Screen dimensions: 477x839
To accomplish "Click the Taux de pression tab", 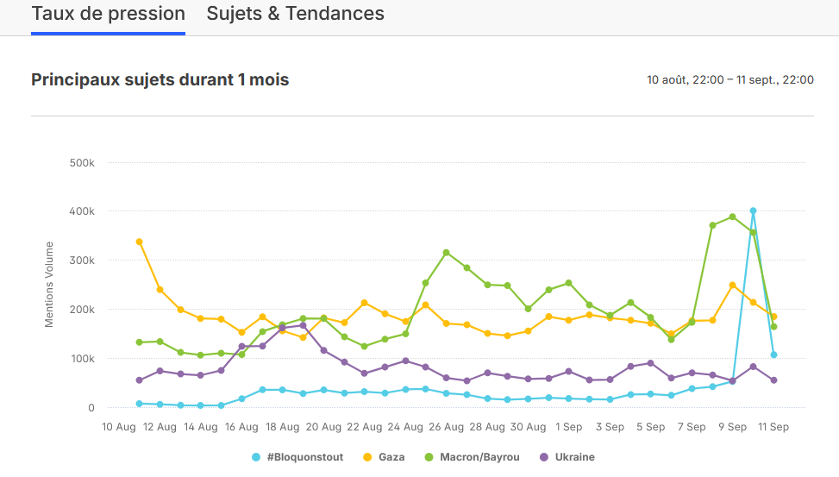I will [109, 15].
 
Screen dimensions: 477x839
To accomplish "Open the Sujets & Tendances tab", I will [296, 15].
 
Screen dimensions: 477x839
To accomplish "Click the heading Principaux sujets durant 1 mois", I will [160, 80].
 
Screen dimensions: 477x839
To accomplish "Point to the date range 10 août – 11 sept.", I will [730, 80].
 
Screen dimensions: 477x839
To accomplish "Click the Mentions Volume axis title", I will [49, 285].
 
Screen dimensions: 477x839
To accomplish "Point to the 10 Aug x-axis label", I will [119, 427].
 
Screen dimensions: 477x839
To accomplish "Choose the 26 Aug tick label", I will [447, 427].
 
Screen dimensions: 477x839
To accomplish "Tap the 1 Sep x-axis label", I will [569, 427].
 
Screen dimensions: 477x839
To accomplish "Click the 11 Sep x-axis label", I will [773, 427].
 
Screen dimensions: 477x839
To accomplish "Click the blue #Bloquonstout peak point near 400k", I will [753, 210].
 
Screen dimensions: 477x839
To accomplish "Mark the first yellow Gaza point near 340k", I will [140, 242].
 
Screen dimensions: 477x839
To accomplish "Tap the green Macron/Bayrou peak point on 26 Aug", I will [447, 253].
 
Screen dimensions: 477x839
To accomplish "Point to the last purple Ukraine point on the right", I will [773, 380].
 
